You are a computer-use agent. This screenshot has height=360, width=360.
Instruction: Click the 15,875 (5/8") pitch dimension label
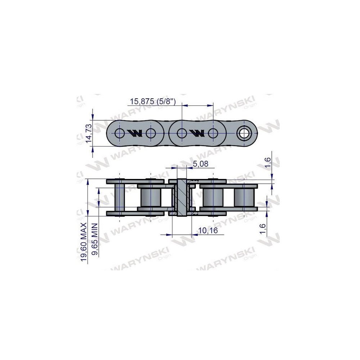(153, 102)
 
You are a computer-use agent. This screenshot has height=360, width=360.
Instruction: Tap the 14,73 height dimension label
(89, 132)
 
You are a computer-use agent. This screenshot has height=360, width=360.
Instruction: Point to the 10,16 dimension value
(208, 230)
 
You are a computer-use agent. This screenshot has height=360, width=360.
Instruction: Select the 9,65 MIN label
(95, 239)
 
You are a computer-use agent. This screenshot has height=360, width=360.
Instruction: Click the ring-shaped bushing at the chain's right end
(244, 133)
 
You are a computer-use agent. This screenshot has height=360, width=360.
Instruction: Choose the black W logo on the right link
(197, 133)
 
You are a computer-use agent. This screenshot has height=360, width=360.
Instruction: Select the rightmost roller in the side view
(244, 197)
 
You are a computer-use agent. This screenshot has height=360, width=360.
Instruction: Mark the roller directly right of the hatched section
(213, 197)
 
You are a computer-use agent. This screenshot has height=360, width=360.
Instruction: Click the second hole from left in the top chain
(151, 133)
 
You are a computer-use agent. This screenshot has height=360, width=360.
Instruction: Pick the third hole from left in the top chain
(182, 133)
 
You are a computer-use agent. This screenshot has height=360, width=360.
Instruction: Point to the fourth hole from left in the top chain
(213, 133)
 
